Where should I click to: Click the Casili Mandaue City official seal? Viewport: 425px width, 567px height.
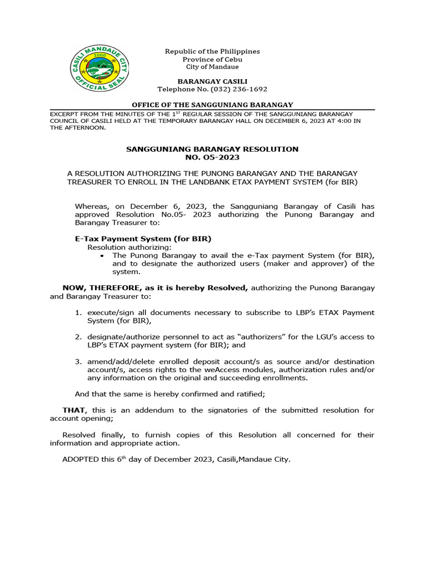click(100, 69)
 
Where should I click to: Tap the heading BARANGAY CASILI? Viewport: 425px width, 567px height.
click(212, 81)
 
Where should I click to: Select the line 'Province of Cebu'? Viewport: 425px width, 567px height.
click(212, 59)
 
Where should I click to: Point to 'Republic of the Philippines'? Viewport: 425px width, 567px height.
click(212, 51)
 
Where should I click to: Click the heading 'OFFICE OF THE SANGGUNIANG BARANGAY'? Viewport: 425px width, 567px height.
click(212, 105)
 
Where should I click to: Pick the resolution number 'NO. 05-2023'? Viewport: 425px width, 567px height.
click(212, 157)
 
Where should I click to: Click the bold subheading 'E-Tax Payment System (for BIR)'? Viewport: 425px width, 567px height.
click(143, 239)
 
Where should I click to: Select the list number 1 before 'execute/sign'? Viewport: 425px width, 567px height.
click(78, 312)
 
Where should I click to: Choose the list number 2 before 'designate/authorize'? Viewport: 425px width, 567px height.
click(78, 337)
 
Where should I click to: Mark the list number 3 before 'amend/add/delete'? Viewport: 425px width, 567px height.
click(78, 362)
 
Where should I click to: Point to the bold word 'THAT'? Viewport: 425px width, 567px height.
click(74, 410)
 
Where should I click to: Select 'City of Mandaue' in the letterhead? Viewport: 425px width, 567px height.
click(212, 66)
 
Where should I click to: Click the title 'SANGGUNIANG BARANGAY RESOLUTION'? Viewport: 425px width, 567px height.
click(212, 149)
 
